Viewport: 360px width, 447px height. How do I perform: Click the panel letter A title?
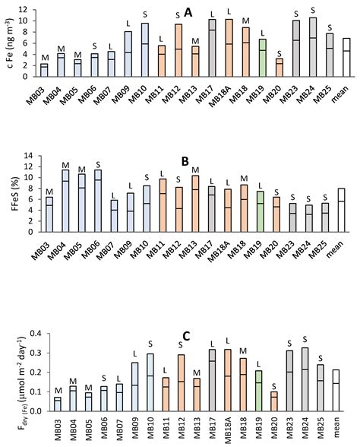[188, 13]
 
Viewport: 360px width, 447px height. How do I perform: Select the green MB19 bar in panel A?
[263, 58]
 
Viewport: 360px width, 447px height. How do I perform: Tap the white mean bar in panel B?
[341, 210]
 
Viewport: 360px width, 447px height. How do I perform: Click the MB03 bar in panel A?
[44, 70]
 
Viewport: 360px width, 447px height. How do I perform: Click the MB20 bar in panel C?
[274, 401]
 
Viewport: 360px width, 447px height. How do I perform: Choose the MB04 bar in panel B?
[65, 201]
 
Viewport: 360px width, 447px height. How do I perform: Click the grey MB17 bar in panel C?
[212, 380]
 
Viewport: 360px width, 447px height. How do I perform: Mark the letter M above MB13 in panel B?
[195, 170]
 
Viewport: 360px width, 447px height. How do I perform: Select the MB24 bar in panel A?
[313, 47]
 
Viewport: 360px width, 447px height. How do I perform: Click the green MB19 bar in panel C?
[258, 391]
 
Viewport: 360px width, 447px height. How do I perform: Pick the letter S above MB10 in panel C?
[150, 344]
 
